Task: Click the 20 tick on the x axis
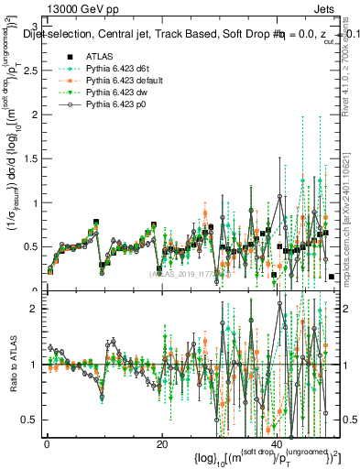[160, 443]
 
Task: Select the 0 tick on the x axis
[46, 443]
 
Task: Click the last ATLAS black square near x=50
[331, 276]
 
